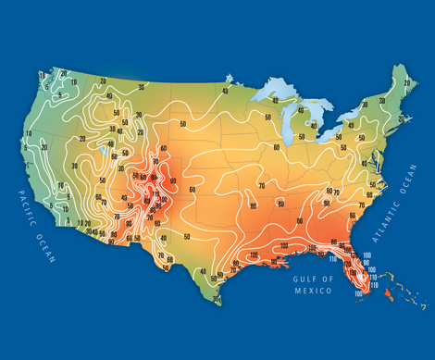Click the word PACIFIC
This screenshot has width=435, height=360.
point(23,202)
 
